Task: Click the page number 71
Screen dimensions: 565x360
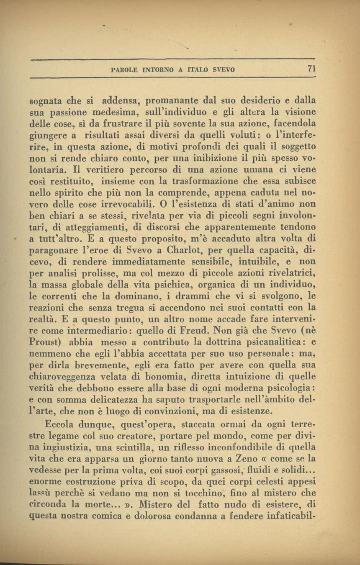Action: (x=310, y=68)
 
